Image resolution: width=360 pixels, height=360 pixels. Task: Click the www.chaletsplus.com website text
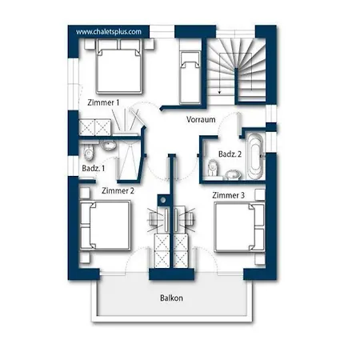[109, 32]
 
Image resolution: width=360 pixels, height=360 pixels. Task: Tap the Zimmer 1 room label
[103, 102]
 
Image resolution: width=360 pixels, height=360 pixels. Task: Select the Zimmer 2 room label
[118, 190]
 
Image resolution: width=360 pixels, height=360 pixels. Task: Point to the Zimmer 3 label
[228, 195]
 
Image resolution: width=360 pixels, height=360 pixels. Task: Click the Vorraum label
[201, 119]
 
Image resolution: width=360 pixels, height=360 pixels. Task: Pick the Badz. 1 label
[94, 168]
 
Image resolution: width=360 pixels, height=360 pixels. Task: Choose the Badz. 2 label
[230, 154]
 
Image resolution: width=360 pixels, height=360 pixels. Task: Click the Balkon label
[171, 298]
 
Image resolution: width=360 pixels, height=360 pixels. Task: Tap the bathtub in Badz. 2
[255, 156]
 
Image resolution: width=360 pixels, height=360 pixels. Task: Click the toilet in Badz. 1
[89, 152]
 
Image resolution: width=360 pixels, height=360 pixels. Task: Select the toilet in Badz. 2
[213, 168]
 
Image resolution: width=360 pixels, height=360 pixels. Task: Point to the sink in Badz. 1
[108, 145]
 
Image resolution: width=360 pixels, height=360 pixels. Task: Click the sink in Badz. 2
[234, 174]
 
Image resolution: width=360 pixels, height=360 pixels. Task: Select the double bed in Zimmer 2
[106, 226]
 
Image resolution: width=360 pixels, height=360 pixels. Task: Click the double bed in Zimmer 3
[239, 227]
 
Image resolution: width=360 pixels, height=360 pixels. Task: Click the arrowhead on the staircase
[219, 92]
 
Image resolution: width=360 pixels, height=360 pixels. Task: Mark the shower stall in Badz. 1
[129, 160]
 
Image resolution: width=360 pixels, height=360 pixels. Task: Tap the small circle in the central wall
[163, 200]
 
